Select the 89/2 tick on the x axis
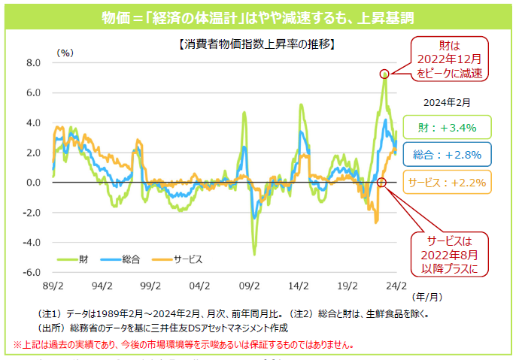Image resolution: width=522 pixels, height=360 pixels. pos(52,286)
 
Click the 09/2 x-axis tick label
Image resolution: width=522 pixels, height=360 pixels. pos(249,286)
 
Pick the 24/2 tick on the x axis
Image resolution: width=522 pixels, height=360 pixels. pos(396,286)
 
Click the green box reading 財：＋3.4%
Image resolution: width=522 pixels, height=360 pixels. pos(447,128)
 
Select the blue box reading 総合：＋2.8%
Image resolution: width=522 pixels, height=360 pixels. pos(447,155)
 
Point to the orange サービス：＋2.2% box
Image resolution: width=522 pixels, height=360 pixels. pos(447,182)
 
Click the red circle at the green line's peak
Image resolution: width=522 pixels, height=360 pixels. pos(384,74)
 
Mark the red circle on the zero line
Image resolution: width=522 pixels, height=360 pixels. pos(381,183)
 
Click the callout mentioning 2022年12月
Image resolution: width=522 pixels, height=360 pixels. pos(448,59)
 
